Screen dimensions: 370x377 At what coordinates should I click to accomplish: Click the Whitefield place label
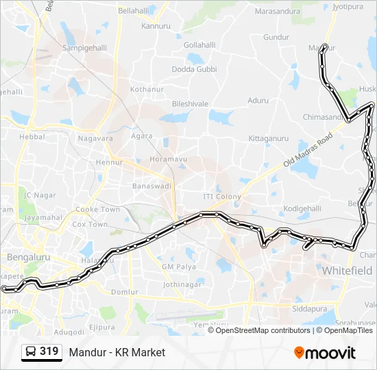[347, 271]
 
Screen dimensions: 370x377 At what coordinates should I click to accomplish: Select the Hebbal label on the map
[32, 137]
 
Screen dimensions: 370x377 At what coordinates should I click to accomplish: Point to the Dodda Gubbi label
[194, 69]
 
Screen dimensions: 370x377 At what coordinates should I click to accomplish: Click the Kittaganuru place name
[269, 138]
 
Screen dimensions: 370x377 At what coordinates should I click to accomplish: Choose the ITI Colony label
[222, 197]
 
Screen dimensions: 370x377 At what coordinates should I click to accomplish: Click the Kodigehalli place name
[302, 208]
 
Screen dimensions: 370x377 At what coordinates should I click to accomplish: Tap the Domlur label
[124, 292]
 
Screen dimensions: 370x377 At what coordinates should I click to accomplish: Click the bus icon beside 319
[30, 352]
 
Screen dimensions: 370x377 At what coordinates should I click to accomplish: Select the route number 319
[49, 352]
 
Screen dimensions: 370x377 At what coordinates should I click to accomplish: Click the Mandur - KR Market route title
[117, 352]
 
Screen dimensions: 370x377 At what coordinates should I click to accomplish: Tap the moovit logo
[325, 353]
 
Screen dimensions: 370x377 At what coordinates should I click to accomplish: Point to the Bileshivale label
[190, 103]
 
